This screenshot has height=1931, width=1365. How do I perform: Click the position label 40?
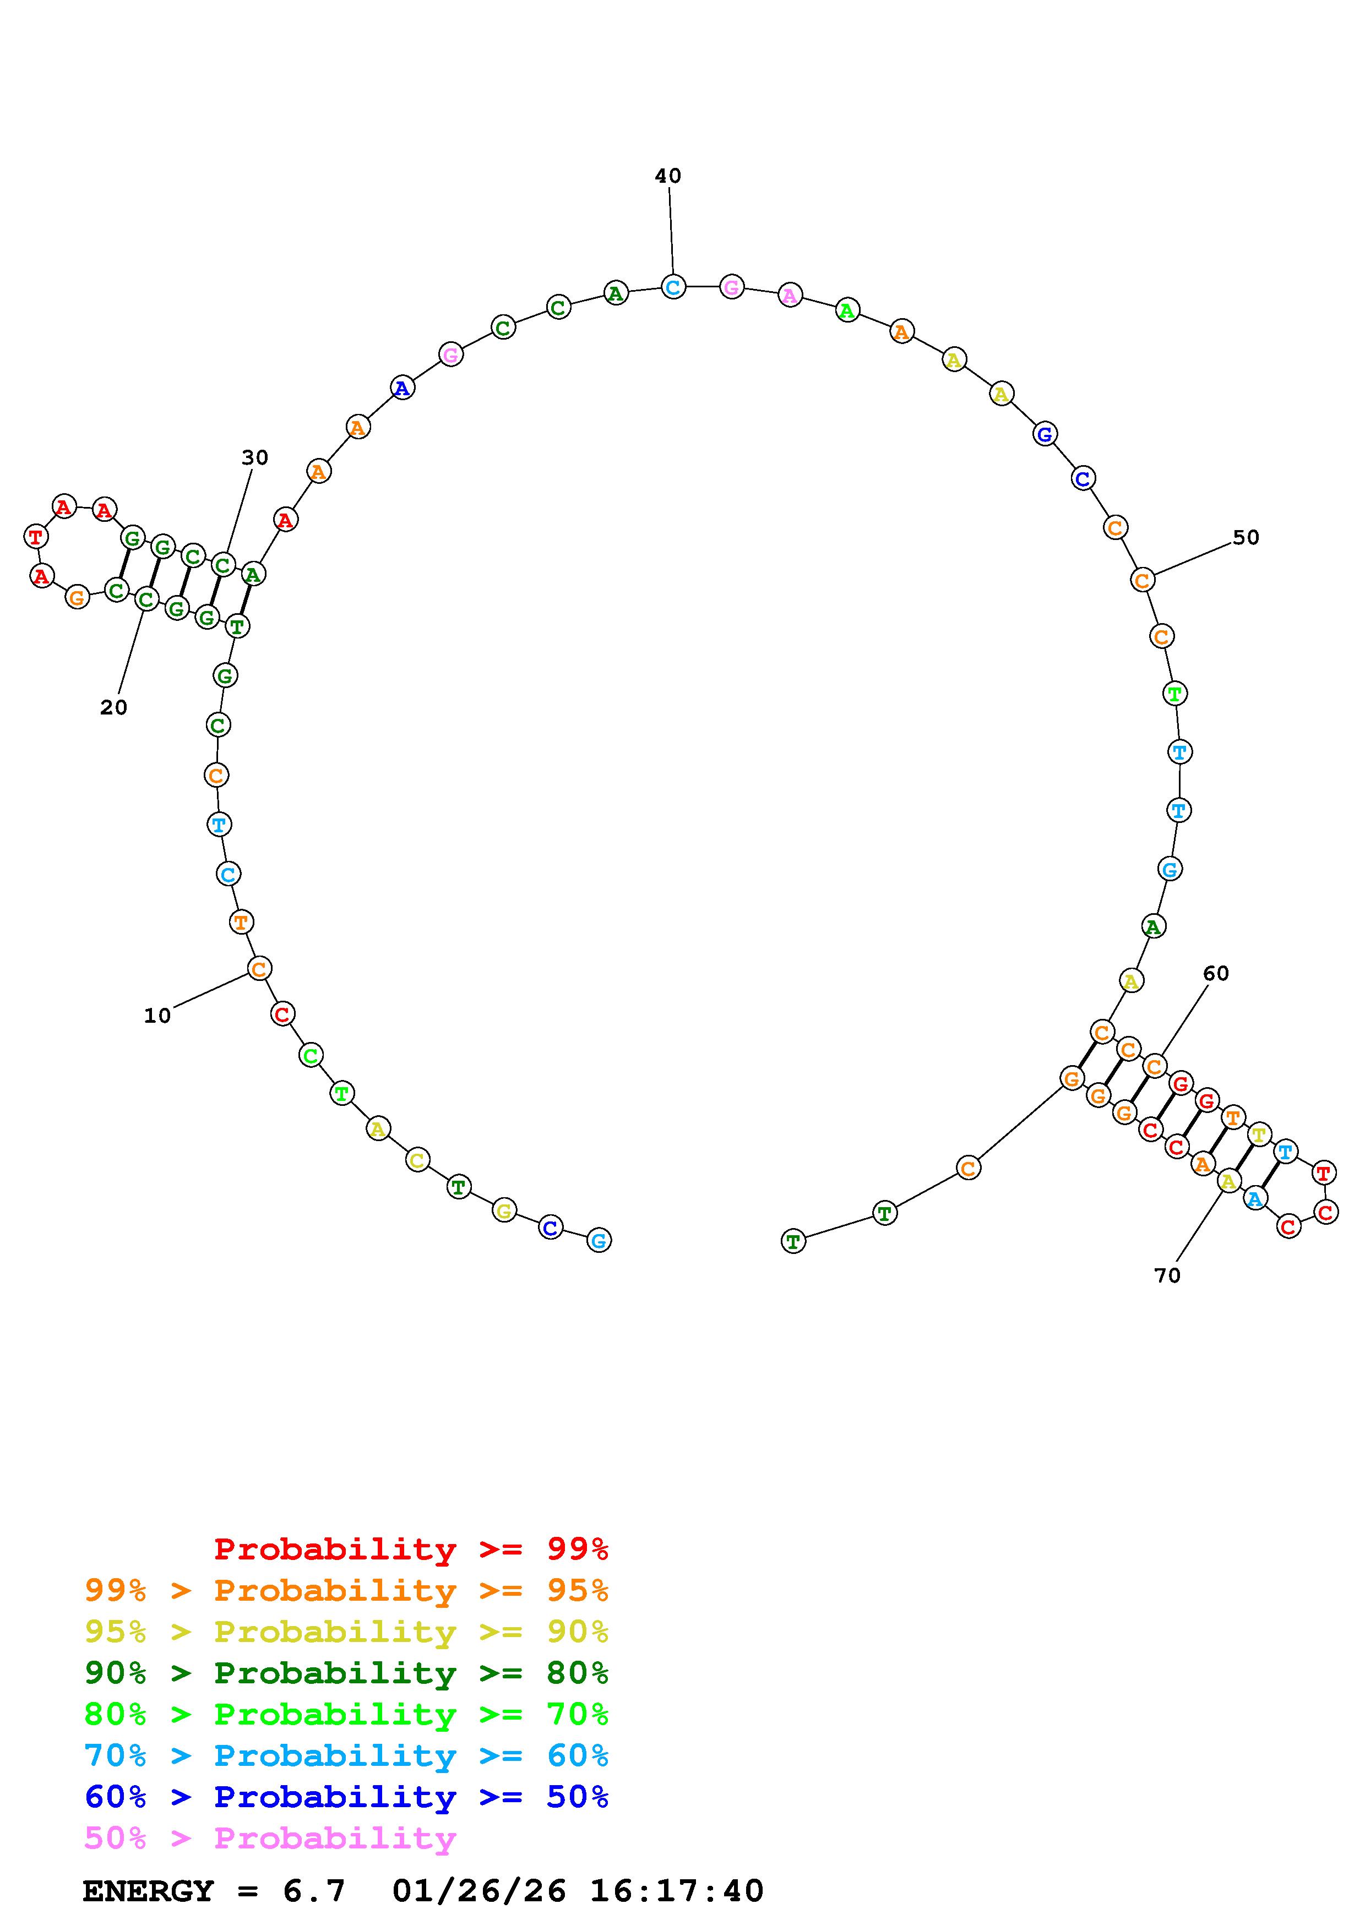click(668, 176)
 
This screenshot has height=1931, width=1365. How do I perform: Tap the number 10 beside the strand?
click(157, 1016)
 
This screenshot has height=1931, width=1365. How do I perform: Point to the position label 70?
click(1167, 1276)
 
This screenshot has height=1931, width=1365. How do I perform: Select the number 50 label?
click(1246, 537)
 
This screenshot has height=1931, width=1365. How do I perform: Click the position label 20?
click(113, 708)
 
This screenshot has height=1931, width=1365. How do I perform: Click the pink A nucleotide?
click(790, 295)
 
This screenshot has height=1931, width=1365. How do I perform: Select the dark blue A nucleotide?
click(403, 389)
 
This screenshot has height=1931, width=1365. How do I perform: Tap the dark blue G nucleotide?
click(1045, 435)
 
